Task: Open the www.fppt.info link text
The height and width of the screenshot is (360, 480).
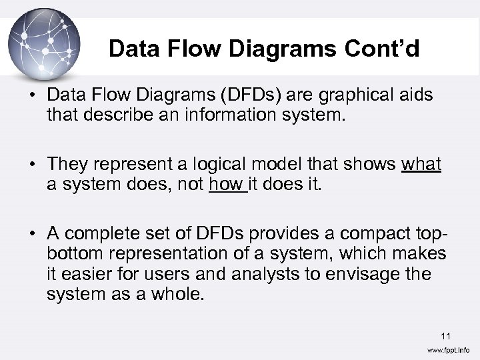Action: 448,350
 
